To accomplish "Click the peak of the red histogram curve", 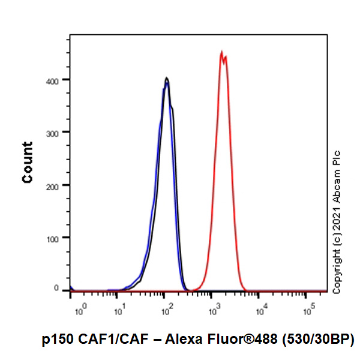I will coord(221,52).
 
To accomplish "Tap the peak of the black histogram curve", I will coord(167,78).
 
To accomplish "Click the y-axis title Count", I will coord(28,162).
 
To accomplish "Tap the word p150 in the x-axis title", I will coord(58,339).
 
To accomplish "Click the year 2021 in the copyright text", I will coord(337,223).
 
